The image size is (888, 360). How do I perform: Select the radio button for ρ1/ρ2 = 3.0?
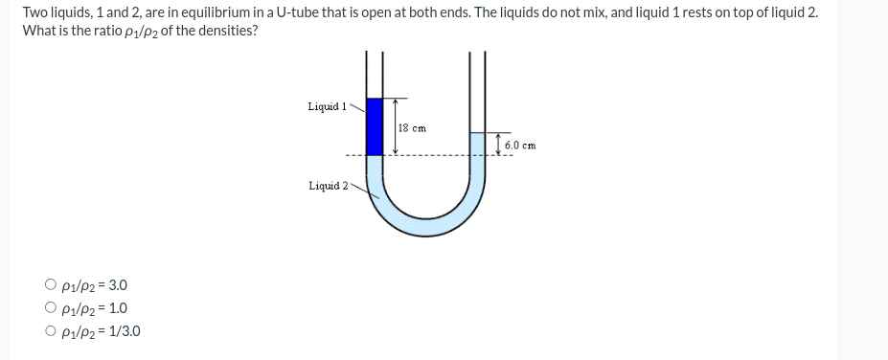50,285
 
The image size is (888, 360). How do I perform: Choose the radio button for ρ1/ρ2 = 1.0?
50,308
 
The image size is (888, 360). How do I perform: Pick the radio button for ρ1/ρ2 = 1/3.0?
50,332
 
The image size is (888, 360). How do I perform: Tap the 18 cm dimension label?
411,127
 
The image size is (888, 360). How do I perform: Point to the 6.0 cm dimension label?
519,146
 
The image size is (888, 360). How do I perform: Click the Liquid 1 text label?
327,106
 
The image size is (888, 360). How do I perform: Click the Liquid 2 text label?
328,186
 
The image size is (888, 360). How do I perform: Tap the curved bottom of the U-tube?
426,223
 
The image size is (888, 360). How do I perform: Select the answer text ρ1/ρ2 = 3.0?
94,285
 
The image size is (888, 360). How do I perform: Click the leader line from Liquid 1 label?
359,106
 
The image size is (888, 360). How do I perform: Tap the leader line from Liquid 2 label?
359,186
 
